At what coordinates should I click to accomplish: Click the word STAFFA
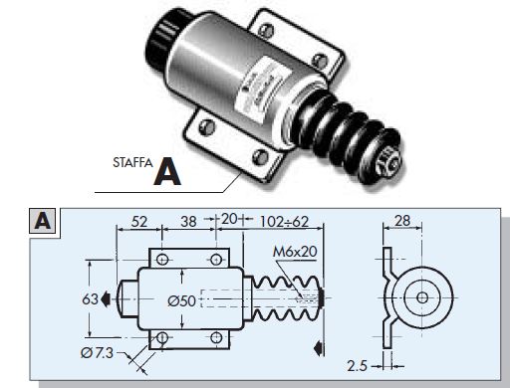click(132, 162)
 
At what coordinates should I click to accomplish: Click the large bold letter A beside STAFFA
click(167, 172)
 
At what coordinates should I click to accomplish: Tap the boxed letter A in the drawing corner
click(43, 221)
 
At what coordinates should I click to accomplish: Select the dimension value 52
click(138, 222)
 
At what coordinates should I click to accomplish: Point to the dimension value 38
click(188, 222)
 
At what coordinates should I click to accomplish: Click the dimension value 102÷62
click(284, 222)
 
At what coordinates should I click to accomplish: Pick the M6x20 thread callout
click(295, 252)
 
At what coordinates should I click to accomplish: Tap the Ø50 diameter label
click(181, 300)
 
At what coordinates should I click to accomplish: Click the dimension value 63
click(90, 299)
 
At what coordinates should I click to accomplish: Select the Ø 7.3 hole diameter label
click(97, 353)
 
